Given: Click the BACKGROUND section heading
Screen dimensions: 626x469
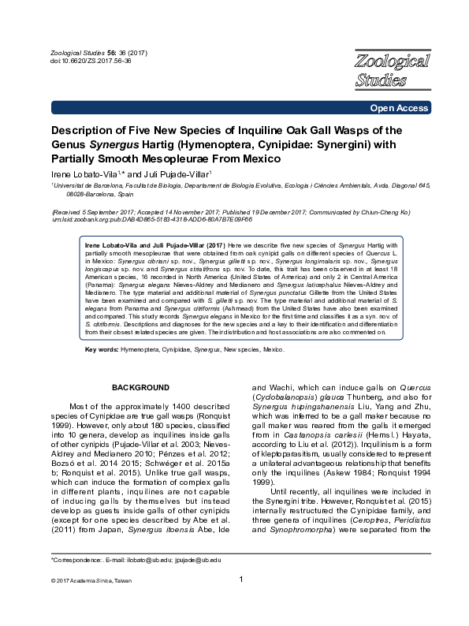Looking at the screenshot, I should tap(140, 388).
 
